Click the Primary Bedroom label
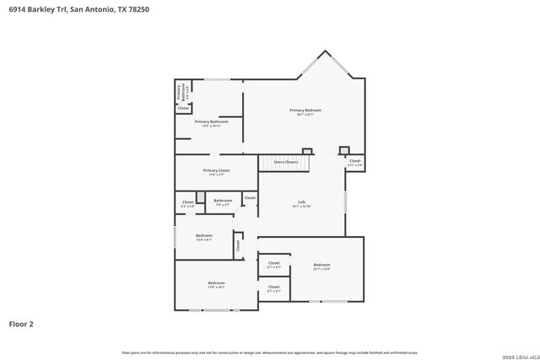305,111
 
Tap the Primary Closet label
217,172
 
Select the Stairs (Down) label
286,161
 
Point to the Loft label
301,203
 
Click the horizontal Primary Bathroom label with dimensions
212,123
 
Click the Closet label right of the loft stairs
355,162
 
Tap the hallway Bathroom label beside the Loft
224,201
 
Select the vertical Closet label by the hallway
238,245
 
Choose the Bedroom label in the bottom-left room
216,283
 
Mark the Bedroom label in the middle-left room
204,237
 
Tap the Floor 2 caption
21,323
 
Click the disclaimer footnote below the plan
269,352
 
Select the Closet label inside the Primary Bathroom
183,108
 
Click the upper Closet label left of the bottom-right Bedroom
274,264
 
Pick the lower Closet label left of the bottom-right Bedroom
274,287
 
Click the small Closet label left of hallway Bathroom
188,202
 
